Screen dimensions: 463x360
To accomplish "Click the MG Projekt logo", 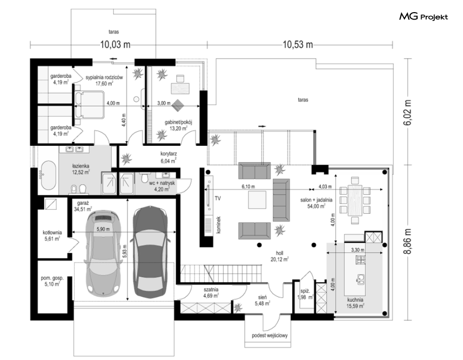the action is click(423, 17).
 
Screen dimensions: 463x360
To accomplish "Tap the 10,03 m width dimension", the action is click(115, 45).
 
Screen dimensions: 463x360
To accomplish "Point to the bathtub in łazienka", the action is click(48, 175).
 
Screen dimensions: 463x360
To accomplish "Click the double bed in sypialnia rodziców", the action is click(89, 105).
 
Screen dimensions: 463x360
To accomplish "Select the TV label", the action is click(218, 198).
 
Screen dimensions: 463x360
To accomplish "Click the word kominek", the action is click(219, 225).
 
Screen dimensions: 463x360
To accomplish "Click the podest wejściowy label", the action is click(269, 335).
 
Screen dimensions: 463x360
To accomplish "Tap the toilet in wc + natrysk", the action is click(145, 177).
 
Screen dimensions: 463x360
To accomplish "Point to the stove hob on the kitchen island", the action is click(360, 260).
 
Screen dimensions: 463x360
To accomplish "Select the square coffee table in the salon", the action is click(257, 200).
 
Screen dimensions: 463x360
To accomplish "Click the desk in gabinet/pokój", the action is click(180, 88).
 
